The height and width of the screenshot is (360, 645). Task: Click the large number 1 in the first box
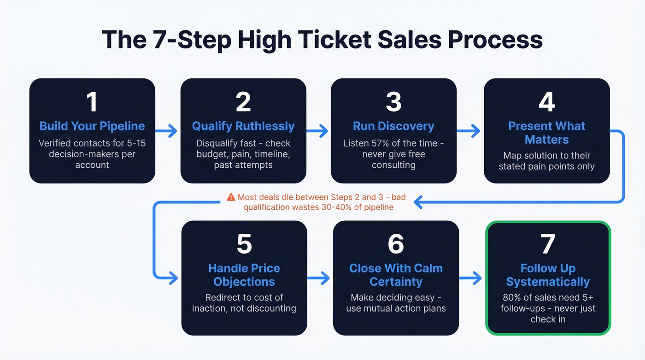coord(92,102)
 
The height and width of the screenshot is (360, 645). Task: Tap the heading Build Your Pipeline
coord(92,126)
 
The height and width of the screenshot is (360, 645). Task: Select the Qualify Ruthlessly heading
coord(243,126)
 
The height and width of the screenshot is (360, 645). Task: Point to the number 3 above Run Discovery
coord(393,102)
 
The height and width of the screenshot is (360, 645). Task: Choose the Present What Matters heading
coord(546,133)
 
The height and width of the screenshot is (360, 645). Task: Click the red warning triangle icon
coord(231,197)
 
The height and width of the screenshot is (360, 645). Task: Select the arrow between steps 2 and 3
coord(318,131)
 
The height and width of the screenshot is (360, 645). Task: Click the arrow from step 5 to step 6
coord(319,278)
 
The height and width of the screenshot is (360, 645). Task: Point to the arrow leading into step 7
coord(471,278)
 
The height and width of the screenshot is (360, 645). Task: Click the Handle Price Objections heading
coord(244,275)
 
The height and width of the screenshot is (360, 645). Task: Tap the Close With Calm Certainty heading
coord(396,275)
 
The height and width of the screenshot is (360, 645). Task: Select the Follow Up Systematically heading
coord(548,275)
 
